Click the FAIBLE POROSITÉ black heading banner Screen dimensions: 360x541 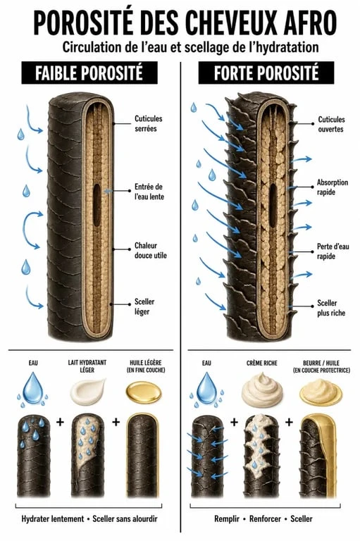click(89, 73)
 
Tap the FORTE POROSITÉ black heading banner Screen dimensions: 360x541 click(266, 73)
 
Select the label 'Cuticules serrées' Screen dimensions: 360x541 click(149, 123)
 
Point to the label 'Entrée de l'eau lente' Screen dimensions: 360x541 click(149, 192)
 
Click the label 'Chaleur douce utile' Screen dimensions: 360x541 click(151, 251)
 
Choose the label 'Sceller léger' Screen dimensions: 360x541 click(144, 306)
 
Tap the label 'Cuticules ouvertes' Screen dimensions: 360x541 click(331, 124)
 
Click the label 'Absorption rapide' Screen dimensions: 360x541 click(333, 187)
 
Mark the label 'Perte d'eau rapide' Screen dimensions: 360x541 click(333, 251)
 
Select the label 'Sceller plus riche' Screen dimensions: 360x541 click(331, 308)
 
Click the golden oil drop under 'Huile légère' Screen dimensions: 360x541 click(143, 392)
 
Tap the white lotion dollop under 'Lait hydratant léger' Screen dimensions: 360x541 click(88, 391)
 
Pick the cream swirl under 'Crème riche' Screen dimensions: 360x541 click(262, 389)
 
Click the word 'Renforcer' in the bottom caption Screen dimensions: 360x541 click(265, 518)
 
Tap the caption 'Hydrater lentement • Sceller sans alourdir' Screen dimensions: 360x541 click(89, 518)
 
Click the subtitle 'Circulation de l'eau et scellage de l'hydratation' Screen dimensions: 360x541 click(190, 47)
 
